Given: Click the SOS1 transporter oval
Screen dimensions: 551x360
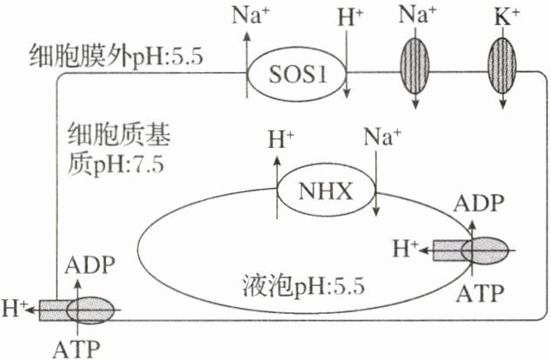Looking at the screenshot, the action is (298, 73).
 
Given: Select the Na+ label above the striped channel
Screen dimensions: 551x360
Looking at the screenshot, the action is (415, 16).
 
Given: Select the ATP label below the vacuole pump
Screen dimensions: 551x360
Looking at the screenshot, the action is (478, 293).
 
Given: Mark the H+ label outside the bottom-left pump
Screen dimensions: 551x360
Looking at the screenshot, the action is (17, 307).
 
